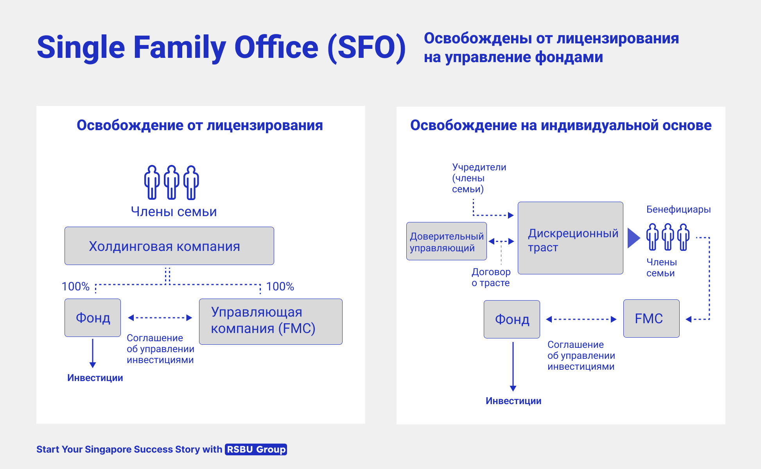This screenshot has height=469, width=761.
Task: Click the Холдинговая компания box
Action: [x=169, y=246]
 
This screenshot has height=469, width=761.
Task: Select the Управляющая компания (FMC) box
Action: [x=271, y=322]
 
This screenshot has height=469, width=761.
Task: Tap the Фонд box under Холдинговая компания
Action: [x=93, y=318]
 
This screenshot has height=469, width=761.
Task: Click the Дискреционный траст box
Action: [x=571, y=238]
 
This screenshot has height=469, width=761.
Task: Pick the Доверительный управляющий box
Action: [x=447, y=241]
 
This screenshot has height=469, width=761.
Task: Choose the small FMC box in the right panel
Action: [x=652, y=319]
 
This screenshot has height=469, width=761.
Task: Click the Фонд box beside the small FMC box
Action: [x=512, y=319]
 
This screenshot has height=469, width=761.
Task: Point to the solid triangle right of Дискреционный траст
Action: [x=634, y=238]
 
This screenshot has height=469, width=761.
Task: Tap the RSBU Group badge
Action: [x=256, y=449]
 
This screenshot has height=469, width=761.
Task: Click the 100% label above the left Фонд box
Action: [x=75, y=286]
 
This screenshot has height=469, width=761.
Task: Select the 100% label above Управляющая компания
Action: [x=280, y=286]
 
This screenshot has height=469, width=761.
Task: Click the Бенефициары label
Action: [x=678, y=209]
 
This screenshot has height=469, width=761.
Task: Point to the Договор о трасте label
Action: [x=491, y=277]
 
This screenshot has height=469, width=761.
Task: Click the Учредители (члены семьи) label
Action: [x=479, y=178]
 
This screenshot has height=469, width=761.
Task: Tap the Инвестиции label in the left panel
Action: [x=95, y=378]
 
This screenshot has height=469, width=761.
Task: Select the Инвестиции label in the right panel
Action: [x=513, y=401]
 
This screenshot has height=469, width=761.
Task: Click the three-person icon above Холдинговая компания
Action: [x=172, y=182]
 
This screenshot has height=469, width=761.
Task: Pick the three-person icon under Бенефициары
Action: [x=668, y=237]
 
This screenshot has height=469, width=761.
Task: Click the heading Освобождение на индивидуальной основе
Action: [x=561, y=125]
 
